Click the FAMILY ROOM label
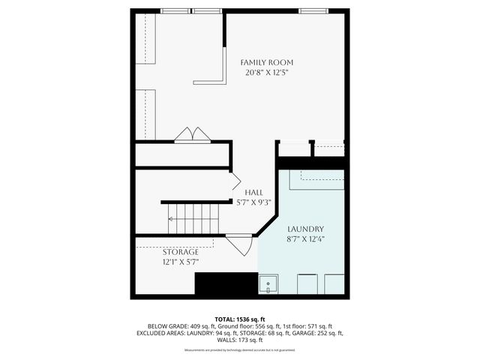point(266,61)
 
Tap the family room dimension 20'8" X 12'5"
point(266,73)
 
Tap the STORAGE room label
point(181,252)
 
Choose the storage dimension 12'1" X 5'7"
point(181,262)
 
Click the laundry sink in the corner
point(268,284)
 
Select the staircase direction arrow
point(172,219)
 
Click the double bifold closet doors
point(193,135)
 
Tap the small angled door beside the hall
point(234,181)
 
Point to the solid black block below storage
point(225,284)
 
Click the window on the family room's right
point(313,11)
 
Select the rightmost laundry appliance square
point(334,284)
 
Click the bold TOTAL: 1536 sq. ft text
point(240,318)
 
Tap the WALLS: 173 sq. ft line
point(240,340)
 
